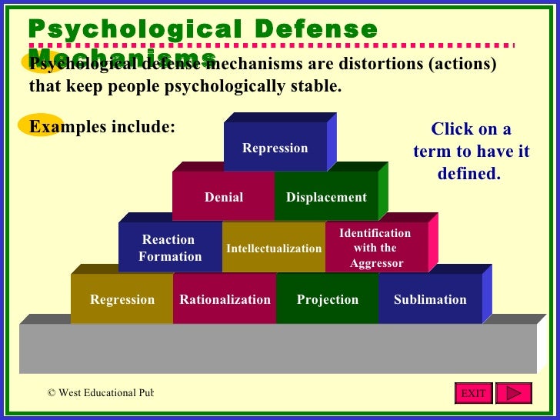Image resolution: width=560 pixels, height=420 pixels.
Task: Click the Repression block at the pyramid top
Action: click(275, 148)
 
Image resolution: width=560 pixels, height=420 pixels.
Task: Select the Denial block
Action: click(223, 197)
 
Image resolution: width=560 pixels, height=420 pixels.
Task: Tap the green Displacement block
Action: click(326, 197)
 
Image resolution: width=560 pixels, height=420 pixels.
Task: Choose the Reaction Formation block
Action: click(170, 248)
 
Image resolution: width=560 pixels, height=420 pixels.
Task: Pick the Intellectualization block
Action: click(274, 248)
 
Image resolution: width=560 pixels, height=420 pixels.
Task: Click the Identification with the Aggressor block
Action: click(375, 248)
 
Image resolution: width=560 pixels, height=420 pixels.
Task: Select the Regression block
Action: click(122, 299)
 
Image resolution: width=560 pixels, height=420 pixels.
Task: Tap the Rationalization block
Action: click(225, 299)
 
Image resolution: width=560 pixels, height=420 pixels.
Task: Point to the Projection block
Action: click(328, 299)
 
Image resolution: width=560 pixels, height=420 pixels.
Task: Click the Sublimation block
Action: click(430, 299)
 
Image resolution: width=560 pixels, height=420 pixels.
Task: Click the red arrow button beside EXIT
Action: click(513, 393)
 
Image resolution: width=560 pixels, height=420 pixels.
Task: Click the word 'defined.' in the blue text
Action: click(468, 174)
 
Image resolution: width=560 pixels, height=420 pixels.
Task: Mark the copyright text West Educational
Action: click(100, 393)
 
